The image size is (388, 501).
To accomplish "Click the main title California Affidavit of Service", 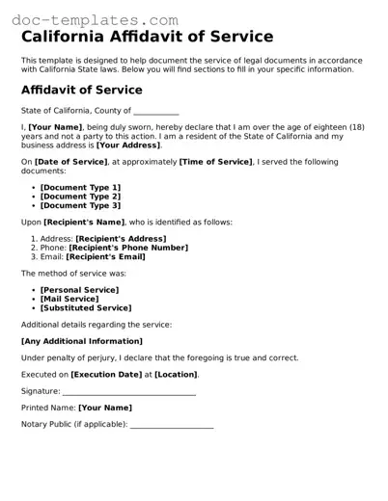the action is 147,37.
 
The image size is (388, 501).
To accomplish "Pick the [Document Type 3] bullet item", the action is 81,205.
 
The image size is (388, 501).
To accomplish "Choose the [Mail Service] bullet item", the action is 69,299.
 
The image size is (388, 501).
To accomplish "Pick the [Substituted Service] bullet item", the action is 86,308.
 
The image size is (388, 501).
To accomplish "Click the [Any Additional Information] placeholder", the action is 82,341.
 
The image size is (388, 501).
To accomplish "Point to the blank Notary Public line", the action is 171,425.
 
